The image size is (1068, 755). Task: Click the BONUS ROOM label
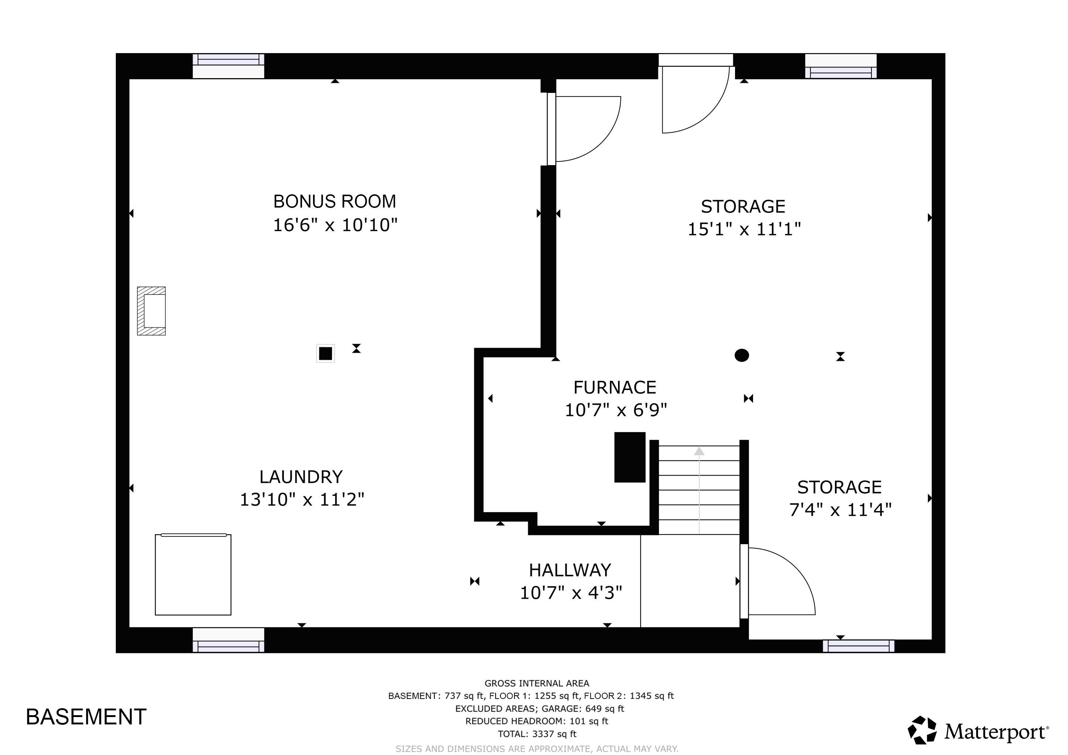[334, 202]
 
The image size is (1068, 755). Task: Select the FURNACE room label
[614, 387]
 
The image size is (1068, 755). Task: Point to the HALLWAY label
[570, 570]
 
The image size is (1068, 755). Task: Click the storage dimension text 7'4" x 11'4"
[840, 510]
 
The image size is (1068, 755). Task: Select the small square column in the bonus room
[326, 353]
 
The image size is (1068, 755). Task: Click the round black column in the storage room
[742, 355]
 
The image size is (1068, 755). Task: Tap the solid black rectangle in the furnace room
[630, 457]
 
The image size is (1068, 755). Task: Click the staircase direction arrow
[699, 488]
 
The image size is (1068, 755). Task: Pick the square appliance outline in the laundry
[193, 575]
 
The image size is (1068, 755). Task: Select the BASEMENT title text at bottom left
[86, 717]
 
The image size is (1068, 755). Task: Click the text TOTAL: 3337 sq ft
[537, 734]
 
